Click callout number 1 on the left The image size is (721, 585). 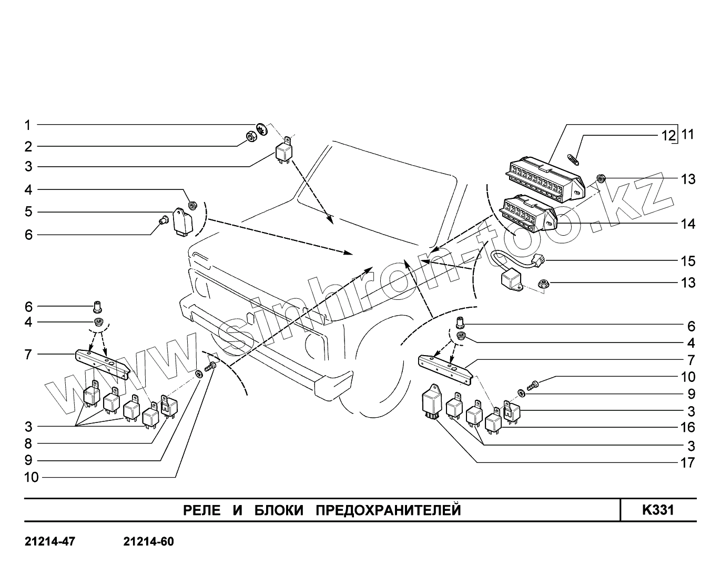(27, 125)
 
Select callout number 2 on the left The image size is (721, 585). (27, 146)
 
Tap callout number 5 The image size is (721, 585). (27, 212)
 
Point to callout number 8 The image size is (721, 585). (27, 443)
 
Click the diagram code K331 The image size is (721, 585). (657, 510)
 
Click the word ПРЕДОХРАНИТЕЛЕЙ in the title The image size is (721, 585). (388, 510)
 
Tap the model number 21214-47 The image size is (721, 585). (50, 542)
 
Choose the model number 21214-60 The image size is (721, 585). (148, 542)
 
